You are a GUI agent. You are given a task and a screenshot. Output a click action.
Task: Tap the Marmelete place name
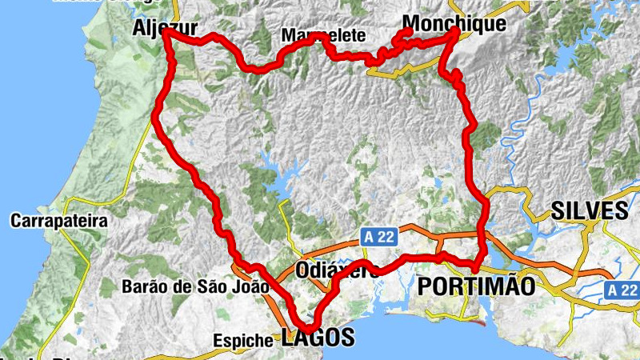323,36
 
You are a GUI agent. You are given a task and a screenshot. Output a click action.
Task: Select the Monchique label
454,24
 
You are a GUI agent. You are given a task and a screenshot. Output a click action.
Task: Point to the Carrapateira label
59,221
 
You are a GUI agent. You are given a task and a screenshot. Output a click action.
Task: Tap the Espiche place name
243,340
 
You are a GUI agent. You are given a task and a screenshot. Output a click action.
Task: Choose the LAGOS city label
318,338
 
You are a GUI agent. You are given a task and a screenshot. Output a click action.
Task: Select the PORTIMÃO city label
477,286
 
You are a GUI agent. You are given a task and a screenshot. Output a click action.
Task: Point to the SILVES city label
590,211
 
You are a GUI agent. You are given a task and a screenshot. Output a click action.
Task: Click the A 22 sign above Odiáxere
378,237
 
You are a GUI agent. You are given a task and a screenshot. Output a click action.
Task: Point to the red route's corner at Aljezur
166,34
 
